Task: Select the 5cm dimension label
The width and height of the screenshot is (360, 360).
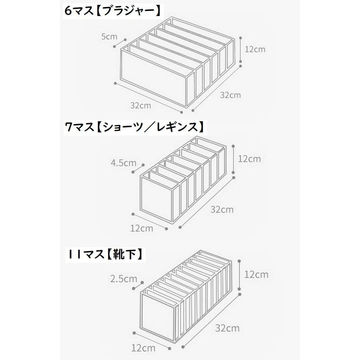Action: (x=109, y=36)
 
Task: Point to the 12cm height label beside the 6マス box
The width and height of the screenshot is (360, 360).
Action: (x=255, y=50)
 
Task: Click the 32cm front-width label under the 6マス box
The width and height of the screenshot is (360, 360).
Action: (x=140, y=106)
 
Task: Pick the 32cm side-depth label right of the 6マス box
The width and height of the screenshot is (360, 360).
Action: (x=230, y=95)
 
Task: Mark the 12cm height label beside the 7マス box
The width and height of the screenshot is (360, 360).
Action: (x=249, y=158)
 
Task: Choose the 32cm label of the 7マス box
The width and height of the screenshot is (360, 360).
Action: (x=222, y=209)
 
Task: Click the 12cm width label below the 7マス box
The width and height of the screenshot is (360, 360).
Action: (x=142, y=228)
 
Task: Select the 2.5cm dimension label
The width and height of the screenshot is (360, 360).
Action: (x=124, y=279)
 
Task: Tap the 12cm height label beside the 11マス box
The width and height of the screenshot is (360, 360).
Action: (x=256, y=274)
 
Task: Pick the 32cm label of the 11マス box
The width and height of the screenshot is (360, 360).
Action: (x=227, y=328)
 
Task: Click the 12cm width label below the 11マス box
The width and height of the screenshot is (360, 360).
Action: (x=143, y=348)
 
